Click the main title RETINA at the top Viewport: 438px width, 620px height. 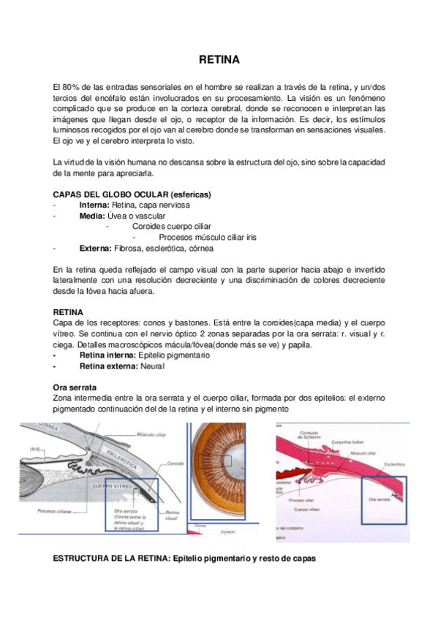tap(219, 60)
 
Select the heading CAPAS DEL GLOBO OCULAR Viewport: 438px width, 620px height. tap(132, 194)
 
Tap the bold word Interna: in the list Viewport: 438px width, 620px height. tap(94, 205)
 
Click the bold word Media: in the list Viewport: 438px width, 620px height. tap(91, 216)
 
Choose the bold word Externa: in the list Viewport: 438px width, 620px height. tap(95, 248)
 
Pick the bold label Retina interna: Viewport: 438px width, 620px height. tap(107, 355)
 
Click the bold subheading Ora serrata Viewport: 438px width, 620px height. tap(76, 386)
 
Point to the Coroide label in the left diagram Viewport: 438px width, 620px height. tap(175, 464)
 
